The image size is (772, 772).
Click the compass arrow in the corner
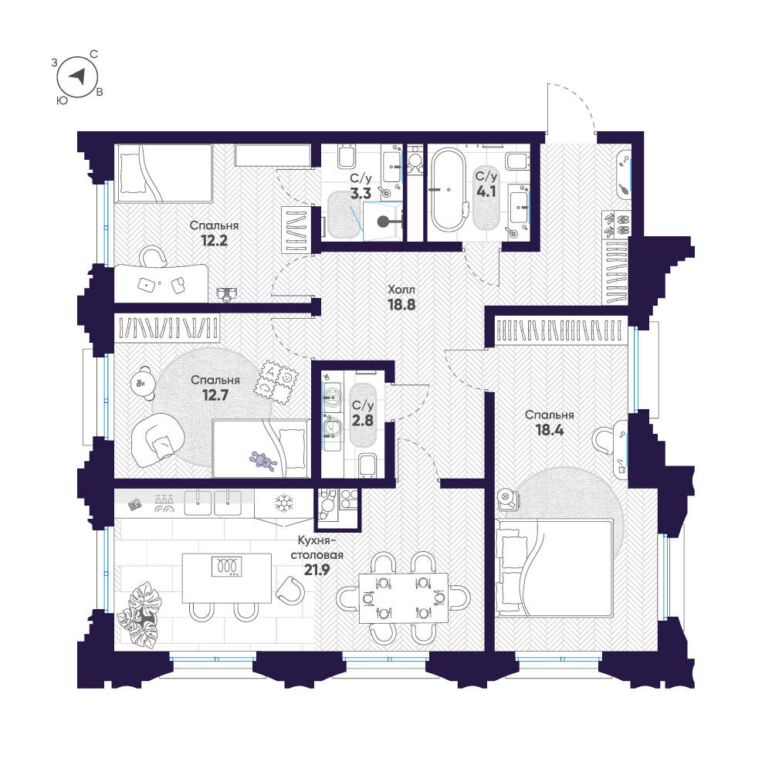77,76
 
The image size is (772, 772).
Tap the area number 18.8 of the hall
401,304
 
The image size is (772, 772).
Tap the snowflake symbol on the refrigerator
285,504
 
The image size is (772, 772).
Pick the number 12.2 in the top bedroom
215,240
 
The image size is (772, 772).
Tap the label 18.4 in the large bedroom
550,429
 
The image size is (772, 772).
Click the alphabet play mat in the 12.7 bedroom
278,381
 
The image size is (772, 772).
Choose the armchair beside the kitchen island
290,591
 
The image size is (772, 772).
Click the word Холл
401,289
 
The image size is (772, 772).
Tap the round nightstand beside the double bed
507,498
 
